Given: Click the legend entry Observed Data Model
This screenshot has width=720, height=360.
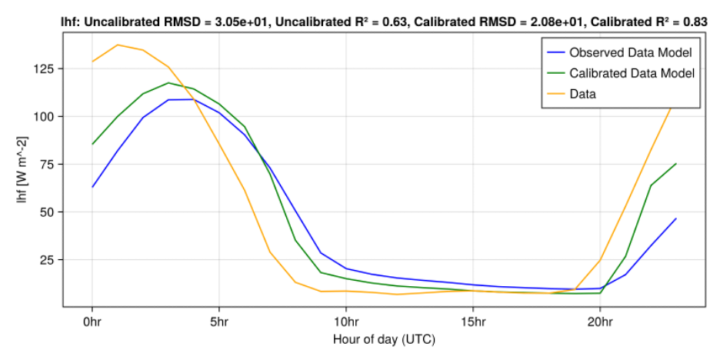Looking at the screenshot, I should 631,53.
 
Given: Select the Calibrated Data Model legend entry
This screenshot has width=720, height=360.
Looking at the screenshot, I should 632,74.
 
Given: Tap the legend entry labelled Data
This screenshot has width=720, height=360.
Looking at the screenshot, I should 582,95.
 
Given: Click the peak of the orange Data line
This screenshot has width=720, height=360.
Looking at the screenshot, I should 118,45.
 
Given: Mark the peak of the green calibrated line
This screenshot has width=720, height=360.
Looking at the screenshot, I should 168,82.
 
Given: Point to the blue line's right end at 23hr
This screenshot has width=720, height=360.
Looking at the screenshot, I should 676,218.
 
